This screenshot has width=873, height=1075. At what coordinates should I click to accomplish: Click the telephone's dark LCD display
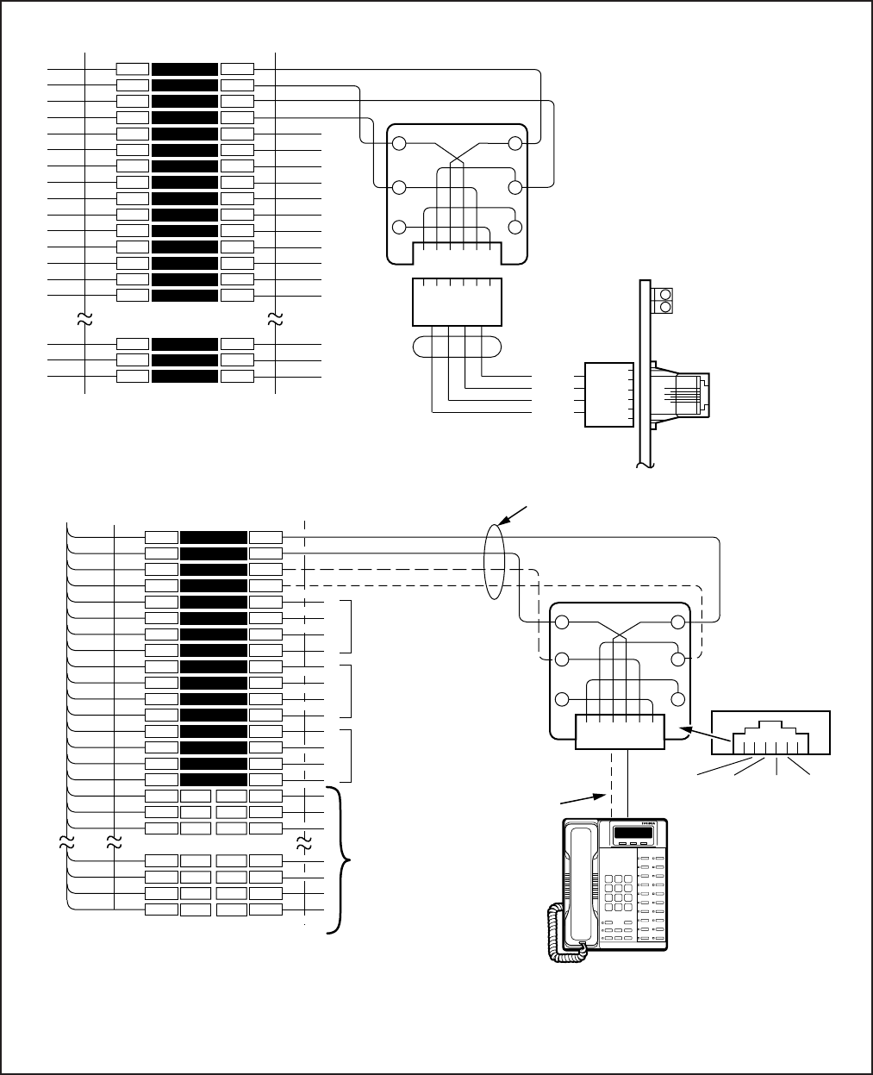coord(634,834)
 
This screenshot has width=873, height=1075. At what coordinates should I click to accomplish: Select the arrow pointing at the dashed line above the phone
coord(601,794)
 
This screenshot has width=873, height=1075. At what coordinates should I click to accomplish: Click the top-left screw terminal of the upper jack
coord(399,145)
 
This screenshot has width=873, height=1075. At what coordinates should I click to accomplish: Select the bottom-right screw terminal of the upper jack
coord(516,228)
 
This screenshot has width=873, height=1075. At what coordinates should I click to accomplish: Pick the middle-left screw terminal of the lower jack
coord(562,659)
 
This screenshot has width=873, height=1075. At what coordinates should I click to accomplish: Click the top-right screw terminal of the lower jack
coord(678,623)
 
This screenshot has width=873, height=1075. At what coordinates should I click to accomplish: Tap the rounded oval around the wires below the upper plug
coord(457,345)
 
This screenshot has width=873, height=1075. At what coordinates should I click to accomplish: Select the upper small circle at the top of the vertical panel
coord(665,294)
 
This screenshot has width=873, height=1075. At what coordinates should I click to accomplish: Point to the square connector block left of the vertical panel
coord(608,395)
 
